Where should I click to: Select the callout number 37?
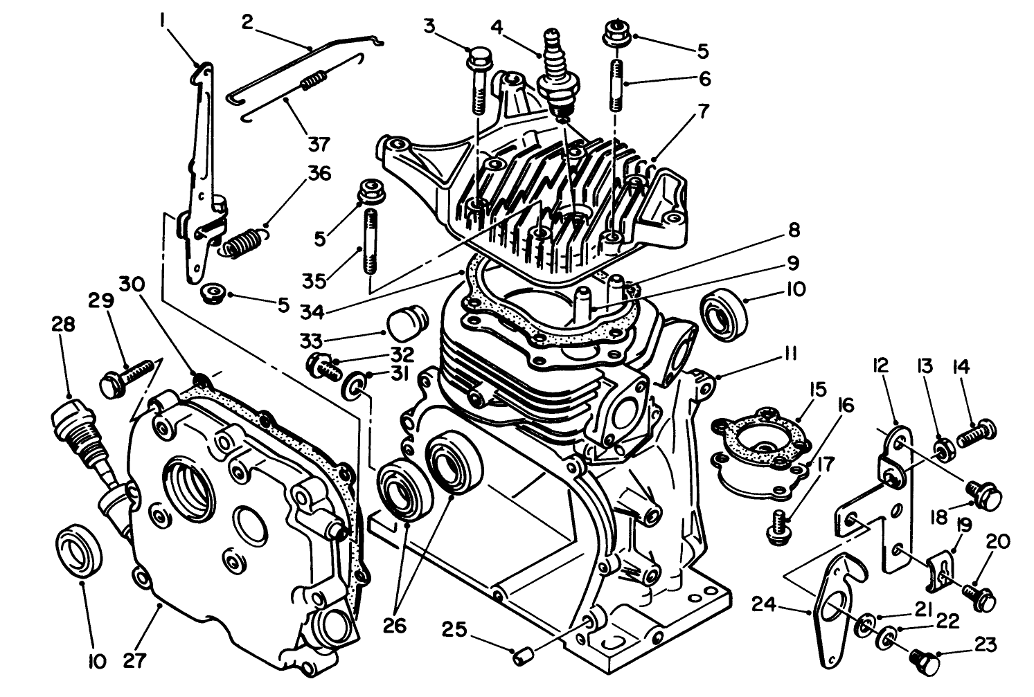tap(319, 144)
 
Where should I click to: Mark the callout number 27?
tap(135, 660)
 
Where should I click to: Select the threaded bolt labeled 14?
tap(977, 433)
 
